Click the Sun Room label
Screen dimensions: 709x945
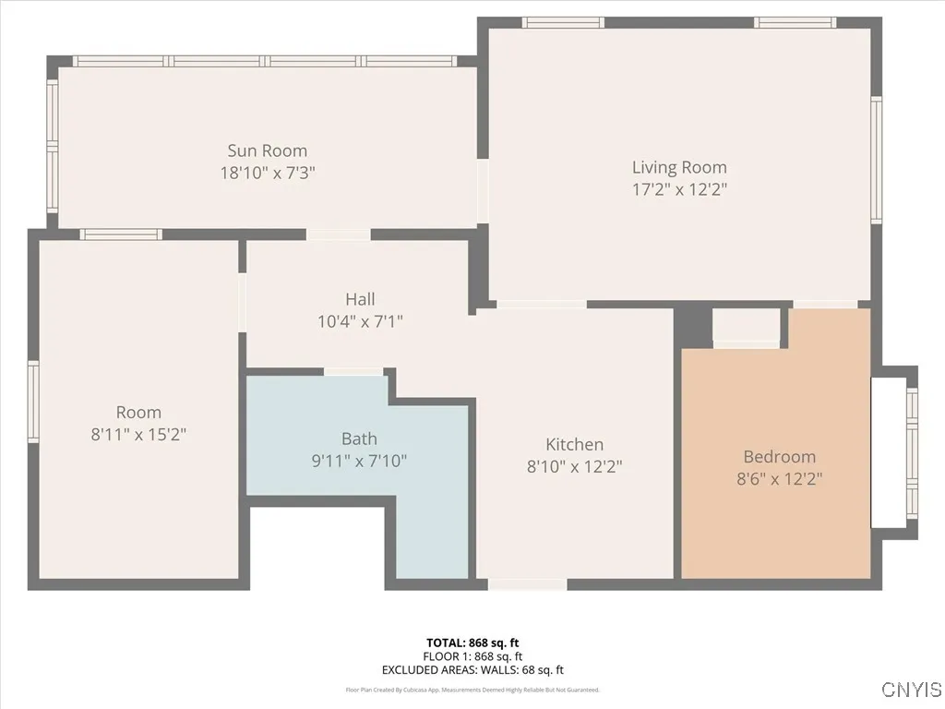pos(268,150)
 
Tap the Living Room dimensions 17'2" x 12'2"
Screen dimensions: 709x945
pos(679,189)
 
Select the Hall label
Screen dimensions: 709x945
pos(360,299)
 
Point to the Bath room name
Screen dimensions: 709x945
pos(359,439)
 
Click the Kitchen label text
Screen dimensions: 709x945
pos(574,445)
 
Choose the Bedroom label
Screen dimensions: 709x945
pos(780,456)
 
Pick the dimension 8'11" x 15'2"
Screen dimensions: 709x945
pos(138,434)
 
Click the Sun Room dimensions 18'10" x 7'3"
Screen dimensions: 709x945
pos(268,173)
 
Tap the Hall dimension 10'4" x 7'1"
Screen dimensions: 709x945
pos(360,321)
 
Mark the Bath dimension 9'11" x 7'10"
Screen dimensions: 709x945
pos(359,461)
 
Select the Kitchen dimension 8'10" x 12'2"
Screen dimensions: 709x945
pos(574,467)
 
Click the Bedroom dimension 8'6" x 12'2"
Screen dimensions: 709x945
pos(780,478)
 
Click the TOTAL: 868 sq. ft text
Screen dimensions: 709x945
pos(472,643)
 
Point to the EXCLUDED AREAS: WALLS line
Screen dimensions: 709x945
pos(472,670)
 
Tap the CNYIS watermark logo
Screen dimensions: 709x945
pos(911,690)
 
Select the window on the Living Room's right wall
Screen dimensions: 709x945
pos(876,161)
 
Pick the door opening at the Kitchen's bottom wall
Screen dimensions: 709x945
pos(527,583)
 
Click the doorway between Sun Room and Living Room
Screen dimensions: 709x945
pos(482,191)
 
